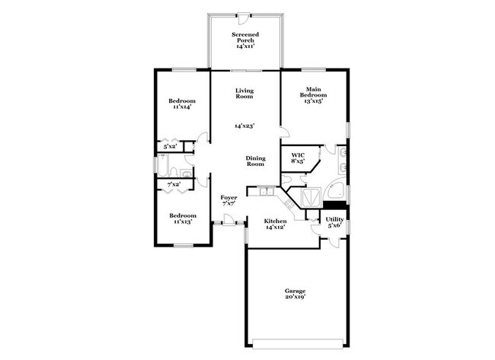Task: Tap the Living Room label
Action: click(x=244, y=94)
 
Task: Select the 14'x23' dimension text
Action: click(x=244, y=126)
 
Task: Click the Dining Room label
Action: click(x=254, y=161)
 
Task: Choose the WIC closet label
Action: click(x=298, y=158)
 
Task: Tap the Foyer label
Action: click(x=229, y=200)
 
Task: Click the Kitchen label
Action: click(x=275, y=223)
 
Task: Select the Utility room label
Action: click(x=335, y=222)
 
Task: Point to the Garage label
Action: click(x=295, y=295)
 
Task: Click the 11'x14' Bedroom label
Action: click(x=182, y=104)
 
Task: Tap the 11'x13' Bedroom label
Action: click(x=182, y=218)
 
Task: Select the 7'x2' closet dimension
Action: click(x=174, y=184)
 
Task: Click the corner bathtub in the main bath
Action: click(x=334, y=190)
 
